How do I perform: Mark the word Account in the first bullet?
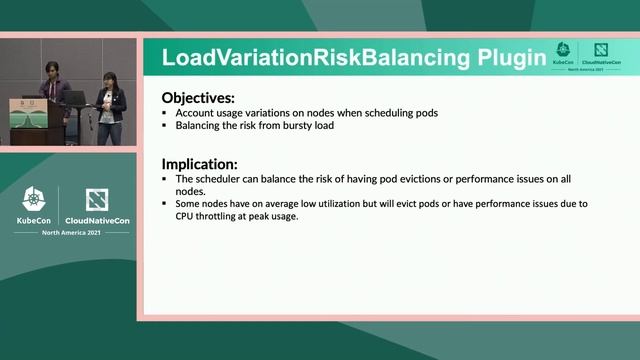click(x=194, y=113)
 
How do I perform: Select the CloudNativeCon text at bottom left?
click(x=95, y=221)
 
